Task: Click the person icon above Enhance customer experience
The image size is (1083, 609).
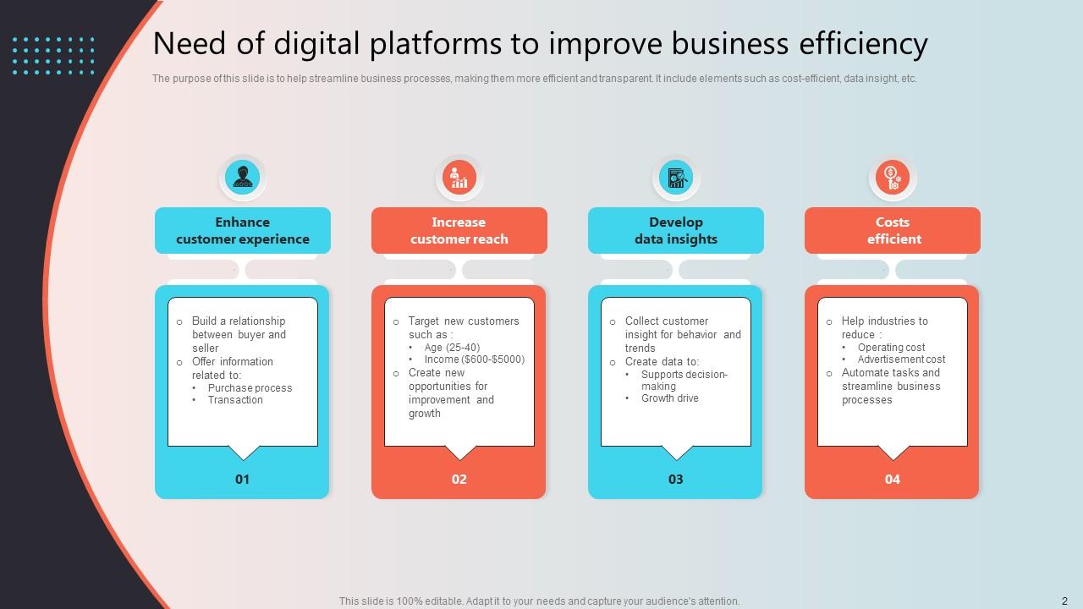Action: [243, 178]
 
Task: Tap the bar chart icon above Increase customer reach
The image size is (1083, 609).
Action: [459, 178]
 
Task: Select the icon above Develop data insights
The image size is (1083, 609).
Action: [676, 178]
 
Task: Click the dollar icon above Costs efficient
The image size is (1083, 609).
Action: [893, 178]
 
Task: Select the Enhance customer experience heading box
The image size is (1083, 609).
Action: [243, 230]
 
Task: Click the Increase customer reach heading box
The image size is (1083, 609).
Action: [459, 230]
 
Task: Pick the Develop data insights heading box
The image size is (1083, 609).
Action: [676, 230]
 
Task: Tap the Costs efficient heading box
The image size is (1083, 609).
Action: [893, 230]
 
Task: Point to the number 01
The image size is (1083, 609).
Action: [243, 479]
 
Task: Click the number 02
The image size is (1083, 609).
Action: [459, 479]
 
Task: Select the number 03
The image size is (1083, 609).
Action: [676, 479]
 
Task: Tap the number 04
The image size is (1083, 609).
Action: [893, 479]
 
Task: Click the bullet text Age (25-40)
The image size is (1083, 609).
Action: [452, 348]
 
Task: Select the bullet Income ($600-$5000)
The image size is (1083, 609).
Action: [474, 359]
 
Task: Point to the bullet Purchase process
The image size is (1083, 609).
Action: [250, 388]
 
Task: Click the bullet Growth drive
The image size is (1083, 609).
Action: [669, 398]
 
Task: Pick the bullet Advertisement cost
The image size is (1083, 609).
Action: [901, 359]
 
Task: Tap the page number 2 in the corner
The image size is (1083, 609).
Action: [1064, 601]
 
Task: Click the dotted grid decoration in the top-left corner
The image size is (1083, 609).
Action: [54, 55]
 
